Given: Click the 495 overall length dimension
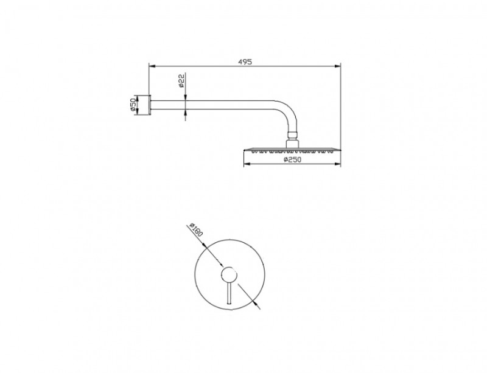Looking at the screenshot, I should tap(245, 61).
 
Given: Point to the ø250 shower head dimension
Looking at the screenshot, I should tap(292, 161).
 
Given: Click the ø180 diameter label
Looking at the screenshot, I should tap(196, 232).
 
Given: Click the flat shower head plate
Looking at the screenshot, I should tap(291, 150).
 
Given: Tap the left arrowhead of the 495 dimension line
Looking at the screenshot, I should tap(152, 66).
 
